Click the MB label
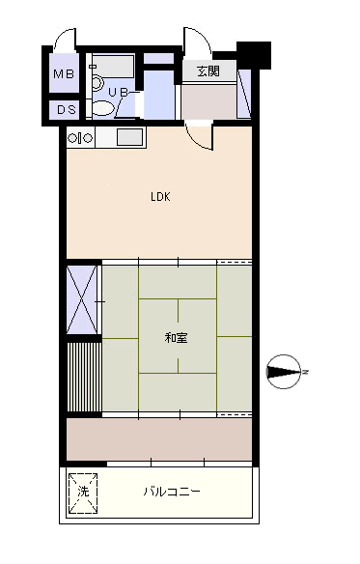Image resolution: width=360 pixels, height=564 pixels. (64, 74)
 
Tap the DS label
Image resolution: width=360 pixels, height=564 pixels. (67, 110)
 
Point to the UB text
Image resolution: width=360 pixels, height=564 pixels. (119, 93)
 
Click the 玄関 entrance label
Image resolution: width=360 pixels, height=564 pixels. (208, 70)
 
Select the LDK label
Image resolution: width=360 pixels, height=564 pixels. (160, 197)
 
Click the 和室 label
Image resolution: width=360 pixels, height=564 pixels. (176, 338)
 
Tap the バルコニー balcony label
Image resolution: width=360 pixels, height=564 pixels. (172, 492)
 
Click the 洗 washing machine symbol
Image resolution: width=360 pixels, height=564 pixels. (83, 493)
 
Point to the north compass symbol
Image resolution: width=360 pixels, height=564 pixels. (284, 372)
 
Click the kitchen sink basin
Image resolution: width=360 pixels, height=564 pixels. (129, 137)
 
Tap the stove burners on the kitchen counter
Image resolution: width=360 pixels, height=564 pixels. (80, 138)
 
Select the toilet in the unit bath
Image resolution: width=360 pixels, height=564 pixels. (103, 108)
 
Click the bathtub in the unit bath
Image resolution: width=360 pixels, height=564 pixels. (113, 67)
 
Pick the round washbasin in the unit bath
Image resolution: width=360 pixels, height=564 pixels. (97, 83)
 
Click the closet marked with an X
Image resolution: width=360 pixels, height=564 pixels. (82, 299)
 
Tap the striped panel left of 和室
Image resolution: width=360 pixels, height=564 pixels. (84, 377)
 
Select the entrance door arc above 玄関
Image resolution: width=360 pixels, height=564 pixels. (197, 41)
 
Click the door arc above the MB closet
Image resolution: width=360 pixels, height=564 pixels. (65, 38)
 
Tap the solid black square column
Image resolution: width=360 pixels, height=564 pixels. (254, 55)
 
